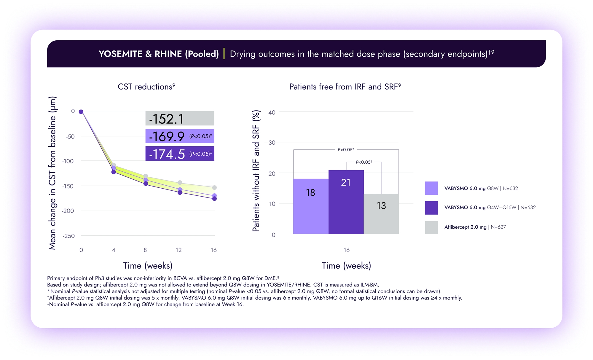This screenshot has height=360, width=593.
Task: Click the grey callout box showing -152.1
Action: (x=180, y=119)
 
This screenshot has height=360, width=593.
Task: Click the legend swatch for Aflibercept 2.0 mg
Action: (x=431, y=227)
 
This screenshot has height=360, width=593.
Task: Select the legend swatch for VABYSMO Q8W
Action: (x=431, y=188)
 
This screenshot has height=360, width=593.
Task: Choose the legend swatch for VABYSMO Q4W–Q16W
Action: (x=431, y=208)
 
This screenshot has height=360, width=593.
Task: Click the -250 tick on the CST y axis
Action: (x=68, y=236)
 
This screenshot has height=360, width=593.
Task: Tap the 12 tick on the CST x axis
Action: (x=178, y=250)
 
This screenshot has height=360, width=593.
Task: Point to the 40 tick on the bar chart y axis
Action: (x=272, y=112)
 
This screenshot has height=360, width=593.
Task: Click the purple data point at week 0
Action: (x=81, y=112)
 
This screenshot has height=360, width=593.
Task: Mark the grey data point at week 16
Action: (x=214, y=187)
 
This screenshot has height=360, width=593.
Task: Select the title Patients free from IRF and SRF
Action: (x=345, y=87)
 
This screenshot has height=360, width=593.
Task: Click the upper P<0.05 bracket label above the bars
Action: (x=346, y=150)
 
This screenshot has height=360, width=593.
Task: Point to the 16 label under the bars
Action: (x=346, y=250)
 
